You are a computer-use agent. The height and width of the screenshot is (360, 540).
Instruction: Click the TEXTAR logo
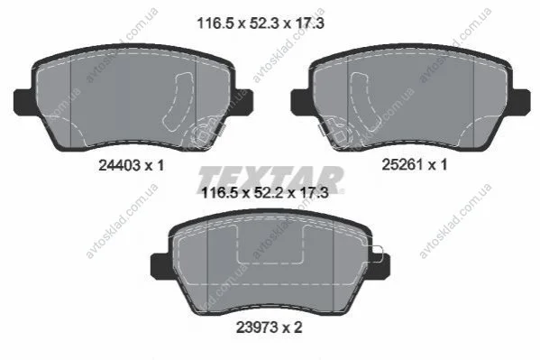click(270, 180)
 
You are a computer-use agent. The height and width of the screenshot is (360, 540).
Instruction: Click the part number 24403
click(120, 165)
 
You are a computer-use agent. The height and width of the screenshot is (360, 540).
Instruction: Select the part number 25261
click(403, 164)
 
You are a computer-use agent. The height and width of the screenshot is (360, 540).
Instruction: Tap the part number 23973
click(257, 328)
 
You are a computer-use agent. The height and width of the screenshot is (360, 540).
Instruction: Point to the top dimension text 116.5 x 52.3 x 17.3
click(261, 23)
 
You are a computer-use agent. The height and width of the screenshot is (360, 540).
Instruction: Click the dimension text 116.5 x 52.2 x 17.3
click(264, 193)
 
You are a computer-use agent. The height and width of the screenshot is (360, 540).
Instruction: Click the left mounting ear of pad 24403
click(24, 102)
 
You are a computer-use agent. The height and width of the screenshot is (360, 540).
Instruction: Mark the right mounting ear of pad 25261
click(521, 102)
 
